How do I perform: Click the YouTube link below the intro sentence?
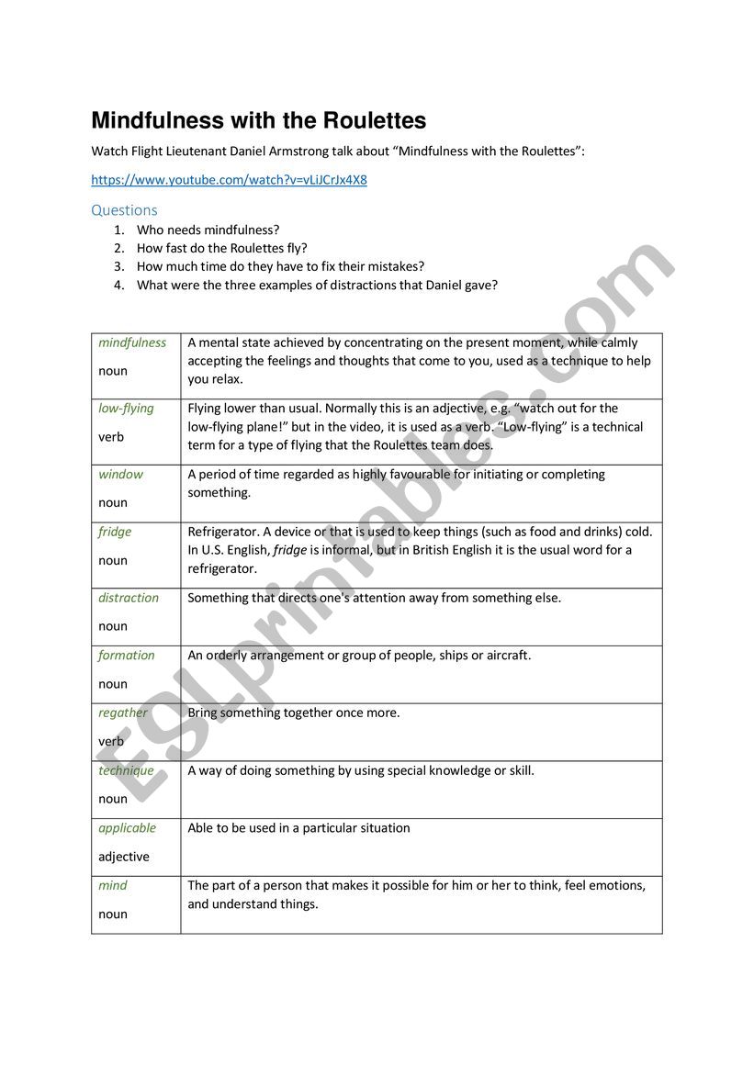pos(229,180)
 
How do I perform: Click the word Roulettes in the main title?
pos(372,121)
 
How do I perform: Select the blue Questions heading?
pos(124,209)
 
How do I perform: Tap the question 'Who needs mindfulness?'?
pos(208,230)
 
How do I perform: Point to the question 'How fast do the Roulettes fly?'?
pos(221,248)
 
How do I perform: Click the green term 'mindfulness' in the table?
pos(132,342)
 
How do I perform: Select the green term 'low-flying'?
pos(126,409)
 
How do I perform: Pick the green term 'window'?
pos(120,475)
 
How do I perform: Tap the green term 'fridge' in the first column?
pos(115,532)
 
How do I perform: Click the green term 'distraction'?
pos(129,598)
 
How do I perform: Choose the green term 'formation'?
pos(127,656)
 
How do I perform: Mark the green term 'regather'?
pos(122,713)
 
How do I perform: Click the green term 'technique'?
pos(126,770)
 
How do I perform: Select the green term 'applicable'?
pos(127,828)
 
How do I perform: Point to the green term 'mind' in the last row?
pos(113,886)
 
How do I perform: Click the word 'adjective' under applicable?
pos(123,857)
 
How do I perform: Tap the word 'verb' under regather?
pos(111,741)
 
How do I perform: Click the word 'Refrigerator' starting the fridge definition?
pos(223,532)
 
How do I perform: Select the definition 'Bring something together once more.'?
pos(294,713)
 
